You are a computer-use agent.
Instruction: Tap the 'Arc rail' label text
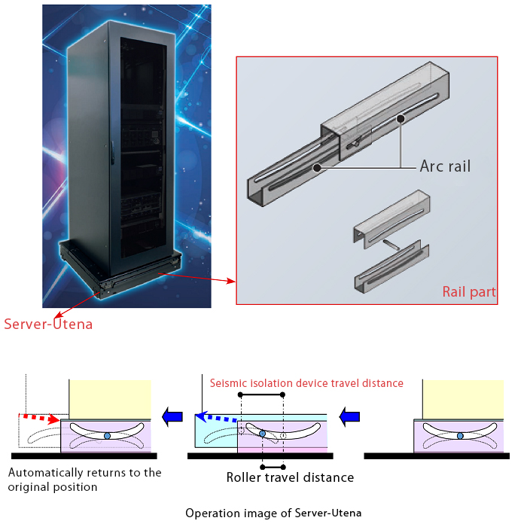coord(445,166)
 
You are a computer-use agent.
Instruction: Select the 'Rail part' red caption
coord(468,292)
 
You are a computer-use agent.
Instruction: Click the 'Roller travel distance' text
coord(290,477)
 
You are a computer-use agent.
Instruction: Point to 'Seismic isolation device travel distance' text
coord(306,383)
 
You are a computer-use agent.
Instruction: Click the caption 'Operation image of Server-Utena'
coord(273,513)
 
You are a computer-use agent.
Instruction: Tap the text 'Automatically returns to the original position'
coord(84,480)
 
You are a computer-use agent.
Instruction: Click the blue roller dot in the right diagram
coord(459,436)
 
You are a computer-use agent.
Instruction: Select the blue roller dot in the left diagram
coord(107,436)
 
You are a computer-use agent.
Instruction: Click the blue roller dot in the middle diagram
coord(262,433)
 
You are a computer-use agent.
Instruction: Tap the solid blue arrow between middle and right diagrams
coord(349,415)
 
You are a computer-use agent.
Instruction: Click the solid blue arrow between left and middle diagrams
coord(174,415)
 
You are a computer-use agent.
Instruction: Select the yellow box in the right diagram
coord(463,399)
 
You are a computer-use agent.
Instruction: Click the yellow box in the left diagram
coord(110,399)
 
